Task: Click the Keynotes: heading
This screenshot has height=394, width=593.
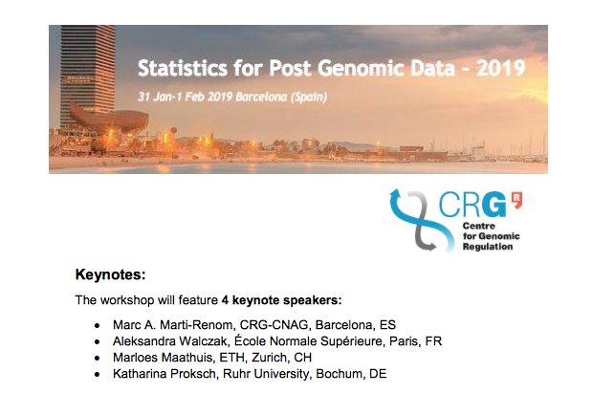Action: click(110, 277)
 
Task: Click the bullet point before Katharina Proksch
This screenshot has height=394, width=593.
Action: click(97, 374)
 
